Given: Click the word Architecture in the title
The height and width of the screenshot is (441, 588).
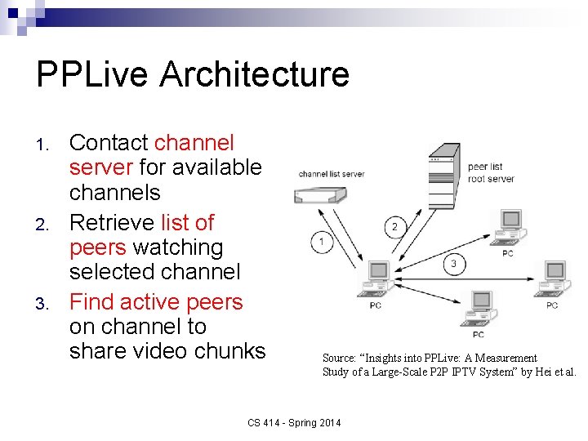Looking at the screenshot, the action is [x=255, y=74].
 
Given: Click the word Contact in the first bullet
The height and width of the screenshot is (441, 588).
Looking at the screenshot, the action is [x=109, y=143].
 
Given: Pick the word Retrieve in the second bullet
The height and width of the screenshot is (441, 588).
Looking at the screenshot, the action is [x=112, y=222].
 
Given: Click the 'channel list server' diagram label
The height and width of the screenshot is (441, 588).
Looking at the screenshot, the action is [x=331, y=174].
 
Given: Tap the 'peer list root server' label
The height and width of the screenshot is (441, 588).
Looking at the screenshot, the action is [x=490, y=172].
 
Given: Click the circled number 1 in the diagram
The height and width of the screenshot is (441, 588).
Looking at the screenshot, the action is [x=322, y=242].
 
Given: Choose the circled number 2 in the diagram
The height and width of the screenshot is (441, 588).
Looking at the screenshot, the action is [x=394, y=226].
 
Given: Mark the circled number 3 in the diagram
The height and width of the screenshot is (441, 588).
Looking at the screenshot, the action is [x=453, y=263].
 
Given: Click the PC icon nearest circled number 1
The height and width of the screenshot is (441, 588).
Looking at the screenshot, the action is [x=376, y=281].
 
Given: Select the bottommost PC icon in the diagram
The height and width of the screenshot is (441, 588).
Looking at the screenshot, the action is [x=479, y=310].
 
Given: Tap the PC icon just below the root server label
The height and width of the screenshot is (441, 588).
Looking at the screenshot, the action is [x=509, y=229].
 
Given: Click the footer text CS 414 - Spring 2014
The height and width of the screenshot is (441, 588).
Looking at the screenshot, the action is [x=295, y=422].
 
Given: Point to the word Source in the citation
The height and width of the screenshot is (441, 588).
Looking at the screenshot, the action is [x=338, y=358].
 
